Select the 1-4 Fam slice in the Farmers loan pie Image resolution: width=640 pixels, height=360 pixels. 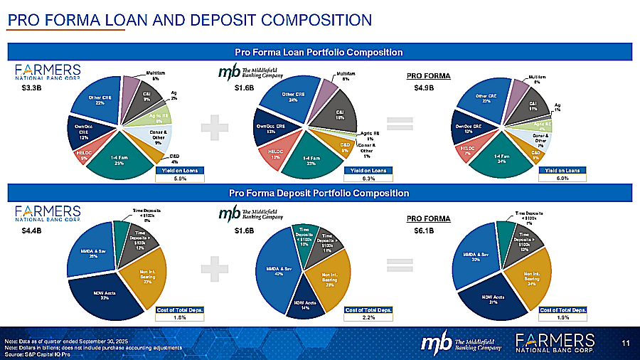pos(119,159)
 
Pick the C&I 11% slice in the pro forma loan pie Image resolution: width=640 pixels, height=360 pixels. pos(533,106)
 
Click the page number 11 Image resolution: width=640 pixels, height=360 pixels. pos(625,344)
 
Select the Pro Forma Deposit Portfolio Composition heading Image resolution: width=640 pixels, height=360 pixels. pos(319,194)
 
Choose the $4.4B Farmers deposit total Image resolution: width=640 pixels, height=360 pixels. pos(32,231)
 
